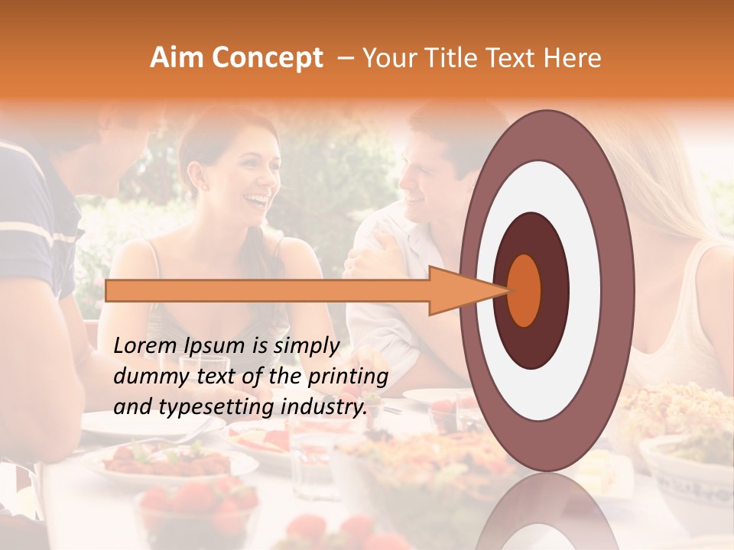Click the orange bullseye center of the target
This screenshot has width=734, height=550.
click(525, 290)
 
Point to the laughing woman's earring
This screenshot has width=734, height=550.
click(205, 187)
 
